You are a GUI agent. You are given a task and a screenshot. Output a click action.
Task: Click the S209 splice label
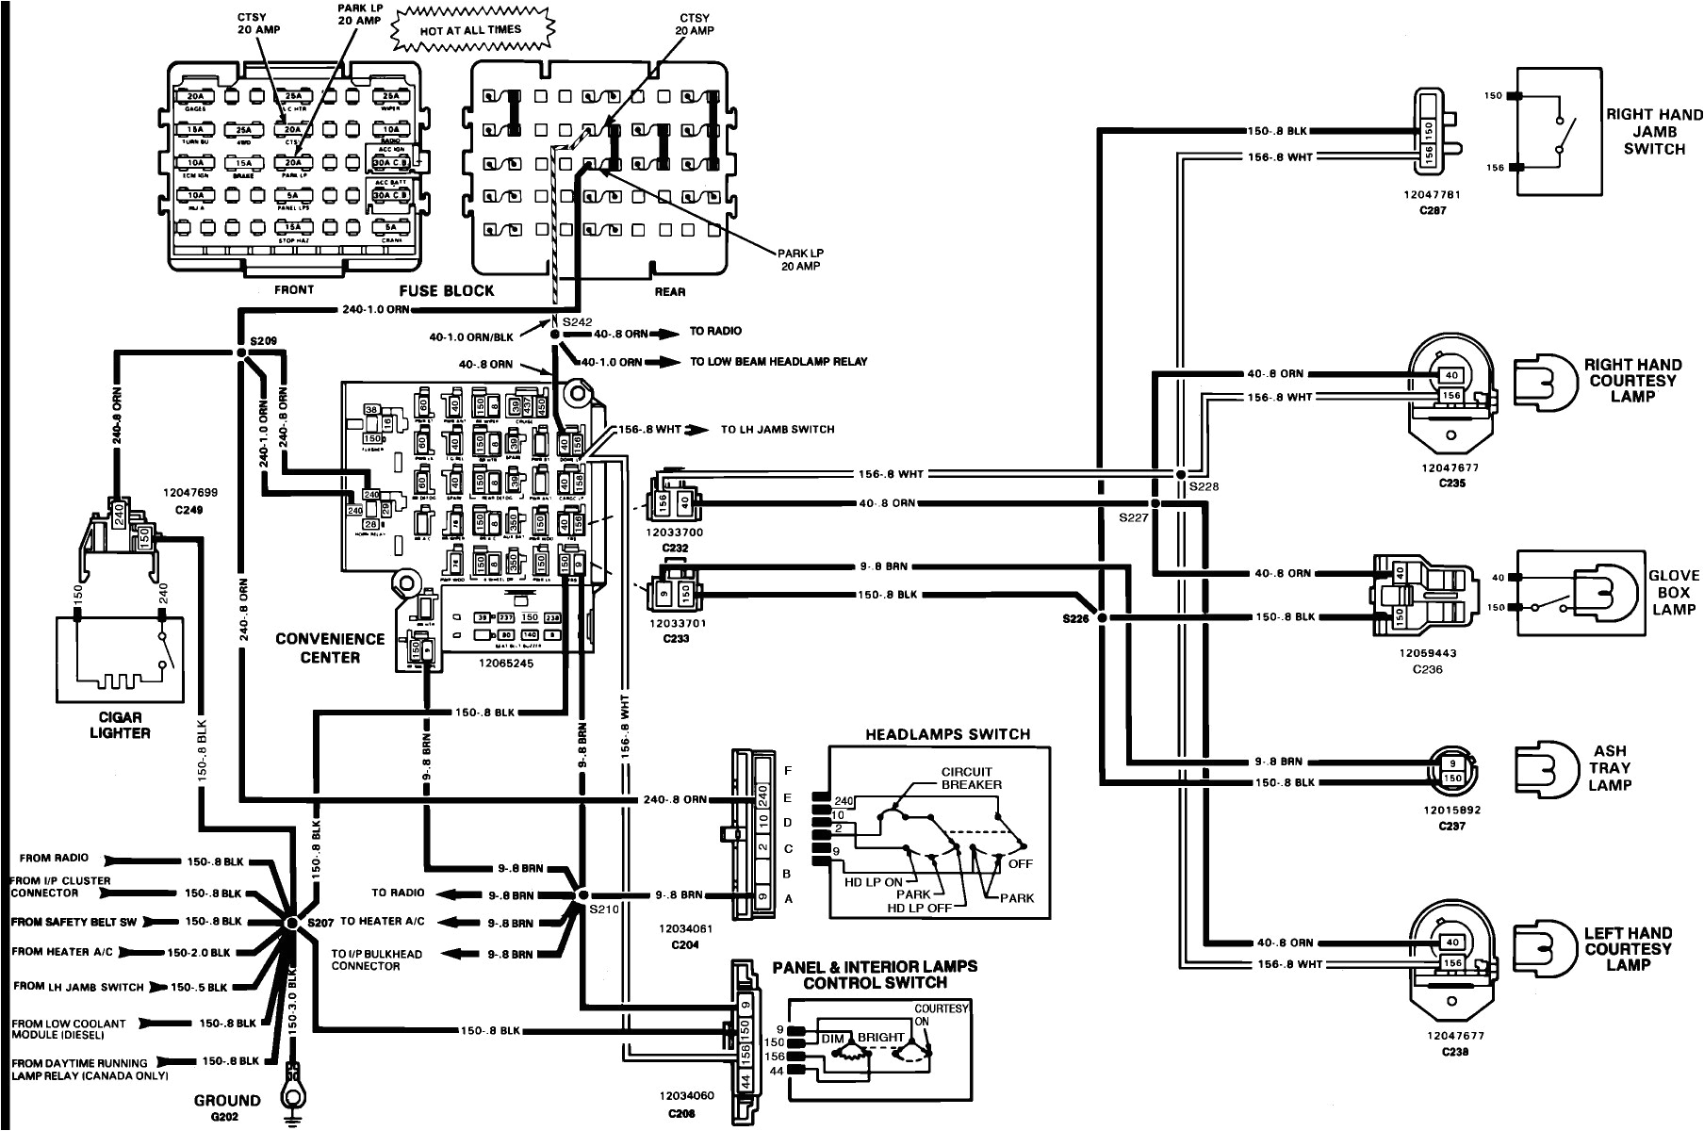[265, 339]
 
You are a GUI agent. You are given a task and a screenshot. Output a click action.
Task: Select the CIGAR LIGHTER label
[120, 723]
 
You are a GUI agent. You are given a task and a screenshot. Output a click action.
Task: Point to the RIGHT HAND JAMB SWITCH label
[1653, 131]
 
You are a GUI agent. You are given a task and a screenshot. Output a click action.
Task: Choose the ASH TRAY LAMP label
[1610, 767]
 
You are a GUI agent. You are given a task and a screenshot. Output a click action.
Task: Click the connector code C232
[676, 547]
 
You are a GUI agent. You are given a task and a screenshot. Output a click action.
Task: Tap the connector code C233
[676, 637]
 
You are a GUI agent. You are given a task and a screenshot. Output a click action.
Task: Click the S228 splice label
[1203, 486]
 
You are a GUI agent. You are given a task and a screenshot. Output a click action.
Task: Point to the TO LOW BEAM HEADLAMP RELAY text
[778, 362]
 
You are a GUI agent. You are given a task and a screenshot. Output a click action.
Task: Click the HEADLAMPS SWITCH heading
[948, 734]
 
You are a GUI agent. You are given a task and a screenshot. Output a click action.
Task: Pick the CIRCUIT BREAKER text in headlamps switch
[972, 778]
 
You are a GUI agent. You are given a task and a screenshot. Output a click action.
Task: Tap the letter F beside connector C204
[788, 770]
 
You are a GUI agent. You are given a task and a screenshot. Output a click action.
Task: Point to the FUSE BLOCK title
[446, 290]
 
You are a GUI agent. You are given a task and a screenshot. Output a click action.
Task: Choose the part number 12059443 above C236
[1427, 652]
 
